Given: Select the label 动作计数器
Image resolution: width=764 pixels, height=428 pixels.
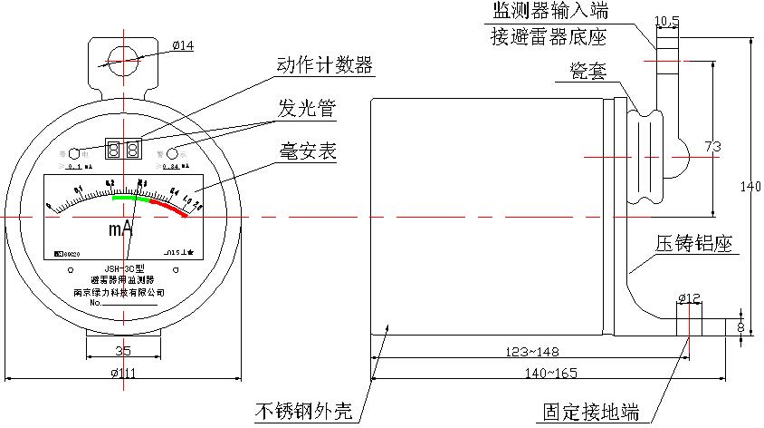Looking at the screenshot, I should point(325,65).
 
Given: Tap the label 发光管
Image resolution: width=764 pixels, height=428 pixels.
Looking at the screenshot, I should point(307,110).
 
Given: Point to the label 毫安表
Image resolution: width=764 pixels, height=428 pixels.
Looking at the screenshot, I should point(307,151).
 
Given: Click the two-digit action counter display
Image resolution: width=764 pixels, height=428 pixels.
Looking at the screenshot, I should point(123,148).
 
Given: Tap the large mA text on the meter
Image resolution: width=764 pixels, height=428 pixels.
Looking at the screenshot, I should point(121,229).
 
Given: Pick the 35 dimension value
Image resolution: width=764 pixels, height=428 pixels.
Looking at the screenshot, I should point(125,350).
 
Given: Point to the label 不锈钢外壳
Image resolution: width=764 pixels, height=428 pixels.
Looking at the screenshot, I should point(308,412).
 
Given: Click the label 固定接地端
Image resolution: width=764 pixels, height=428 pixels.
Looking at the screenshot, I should point(591,412).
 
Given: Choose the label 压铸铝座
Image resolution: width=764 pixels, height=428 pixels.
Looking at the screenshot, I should point(695,245).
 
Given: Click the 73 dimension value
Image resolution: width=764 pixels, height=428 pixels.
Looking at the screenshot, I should point(711,147).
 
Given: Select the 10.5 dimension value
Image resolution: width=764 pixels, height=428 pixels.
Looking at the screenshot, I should point(666,19).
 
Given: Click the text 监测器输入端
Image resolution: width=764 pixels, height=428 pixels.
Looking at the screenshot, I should point(549,12).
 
